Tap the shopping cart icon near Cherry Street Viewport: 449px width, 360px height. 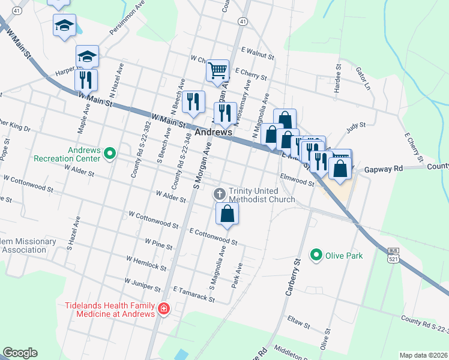[x=217, y=71]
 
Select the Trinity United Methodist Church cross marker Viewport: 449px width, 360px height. [x=220, y=194]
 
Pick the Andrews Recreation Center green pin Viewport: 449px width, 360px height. [x=109, y=154]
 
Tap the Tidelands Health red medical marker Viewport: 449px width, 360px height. [x=163, y=310]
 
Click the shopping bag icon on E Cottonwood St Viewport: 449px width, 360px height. [x=228, y=214]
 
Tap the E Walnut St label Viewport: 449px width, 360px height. [x=256, y=53]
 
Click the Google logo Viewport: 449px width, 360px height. [x=20, y=353]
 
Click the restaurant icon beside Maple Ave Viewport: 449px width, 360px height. [x=86, y=79]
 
